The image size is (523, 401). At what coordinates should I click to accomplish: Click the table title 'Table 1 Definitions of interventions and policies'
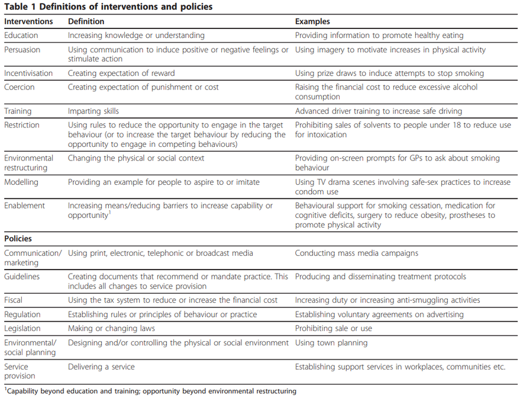108,7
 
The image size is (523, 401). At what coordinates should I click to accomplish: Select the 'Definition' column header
86,21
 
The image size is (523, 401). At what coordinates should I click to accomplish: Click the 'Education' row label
21,36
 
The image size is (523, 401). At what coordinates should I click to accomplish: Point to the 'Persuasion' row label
22,50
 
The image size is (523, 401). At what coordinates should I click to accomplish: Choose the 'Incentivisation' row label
28,73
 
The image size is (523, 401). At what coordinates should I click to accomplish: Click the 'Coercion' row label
20,87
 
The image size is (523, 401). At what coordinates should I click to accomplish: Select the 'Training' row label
18,111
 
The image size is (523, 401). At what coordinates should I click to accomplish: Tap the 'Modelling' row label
22,182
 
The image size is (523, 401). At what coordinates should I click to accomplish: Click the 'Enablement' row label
24,206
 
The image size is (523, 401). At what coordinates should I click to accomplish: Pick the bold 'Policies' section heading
18,239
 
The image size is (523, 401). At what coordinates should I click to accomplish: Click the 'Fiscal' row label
14,300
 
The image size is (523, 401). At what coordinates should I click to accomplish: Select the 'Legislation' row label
22,328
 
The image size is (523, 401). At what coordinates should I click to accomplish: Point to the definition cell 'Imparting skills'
93,111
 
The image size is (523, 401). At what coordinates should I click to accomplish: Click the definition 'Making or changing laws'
111,328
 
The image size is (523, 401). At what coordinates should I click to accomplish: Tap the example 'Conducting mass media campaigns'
357,253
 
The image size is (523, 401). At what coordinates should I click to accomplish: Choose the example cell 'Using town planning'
331,342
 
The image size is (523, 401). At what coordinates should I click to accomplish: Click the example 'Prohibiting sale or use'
334,328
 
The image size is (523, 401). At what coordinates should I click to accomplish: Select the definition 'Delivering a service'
101,367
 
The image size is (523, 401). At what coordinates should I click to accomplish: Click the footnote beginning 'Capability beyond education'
151,391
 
